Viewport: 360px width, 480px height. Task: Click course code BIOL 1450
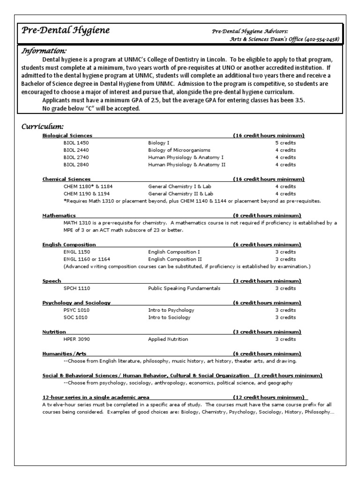coord(76,142)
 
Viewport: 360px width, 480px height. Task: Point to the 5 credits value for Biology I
coord(285,142)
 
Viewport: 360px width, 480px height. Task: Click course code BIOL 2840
coord(76,165)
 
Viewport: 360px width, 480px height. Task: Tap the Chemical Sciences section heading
coord(67,179)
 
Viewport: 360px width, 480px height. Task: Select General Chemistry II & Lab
coord(180,194)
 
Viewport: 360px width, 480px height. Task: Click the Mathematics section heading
coord(59,215)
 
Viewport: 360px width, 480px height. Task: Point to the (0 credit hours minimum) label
coord(268,215)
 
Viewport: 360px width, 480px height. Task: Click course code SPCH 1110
coord(76,288)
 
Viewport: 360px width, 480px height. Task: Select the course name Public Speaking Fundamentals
coord(184,288)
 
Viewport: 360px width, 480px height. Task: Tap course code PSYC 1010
coord(76,310)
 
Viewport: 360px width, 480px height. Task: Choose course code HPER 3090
coord(76,339)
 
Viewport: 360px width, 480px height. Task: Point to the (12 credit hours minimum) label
coord(268,397)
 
